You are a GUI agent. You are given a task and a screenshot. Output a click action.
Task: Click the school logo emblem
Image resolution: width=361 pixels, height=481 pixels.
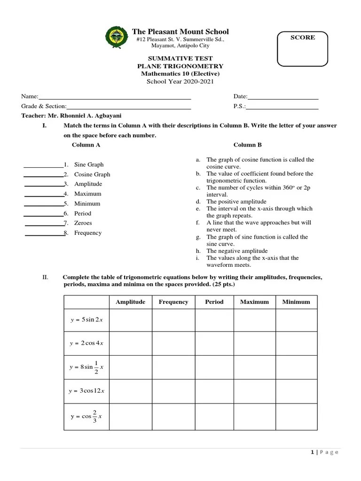pos(116,38)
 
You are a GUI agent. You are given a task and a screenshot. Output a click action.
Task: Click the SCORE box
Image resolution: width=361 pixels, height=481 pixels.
pos(303,48)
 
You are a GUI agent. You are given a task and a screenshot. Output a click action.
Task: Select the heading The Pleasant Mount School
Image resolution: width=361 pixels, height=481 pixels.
pos(180,31)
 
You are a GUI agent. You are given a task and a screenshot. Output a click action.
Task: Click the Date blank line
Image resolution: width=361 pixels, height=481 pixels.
pos(283,97)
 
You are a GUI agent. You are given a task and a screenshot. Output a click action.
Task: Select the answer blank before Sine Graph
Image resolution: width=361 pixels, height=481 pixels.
pos(43,165)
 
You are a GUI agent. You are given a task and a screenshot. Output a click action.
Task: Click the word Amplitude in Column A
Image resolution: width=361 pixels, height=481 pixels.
pos(88,184)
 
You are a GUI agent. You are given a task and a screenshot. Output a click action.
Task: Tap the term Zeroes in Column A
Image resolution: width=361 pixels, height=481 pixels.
pos(83,223)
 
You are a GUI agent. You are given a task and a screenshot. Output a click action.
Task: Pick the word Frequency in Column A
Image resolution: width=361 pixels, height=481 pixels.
pos(88,233)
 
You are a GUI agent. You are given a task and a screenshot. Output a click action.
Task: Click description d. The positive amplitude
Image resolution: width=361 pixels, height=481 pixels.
pos(237,202)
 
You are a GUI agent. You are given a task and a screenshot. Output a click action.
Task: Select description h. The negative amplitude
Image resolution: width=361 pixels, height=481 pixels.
pos(237,251)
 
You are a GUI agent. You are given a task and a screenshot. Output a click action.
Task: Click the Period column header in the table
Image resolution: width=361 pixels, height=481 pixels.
pos(214,302)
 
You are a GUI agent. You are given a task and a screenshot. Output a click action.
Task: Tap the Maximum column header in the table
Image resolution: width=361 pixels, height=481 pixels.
pos(254,302)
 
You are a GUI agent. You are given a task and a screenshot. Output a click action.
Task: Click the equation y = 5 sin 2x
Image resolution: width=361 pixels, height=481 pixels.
pos(86,320)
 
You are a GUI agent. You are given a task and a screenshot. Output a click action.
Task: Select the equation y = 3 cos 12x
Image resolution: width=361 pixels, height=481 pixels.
pos(86,391)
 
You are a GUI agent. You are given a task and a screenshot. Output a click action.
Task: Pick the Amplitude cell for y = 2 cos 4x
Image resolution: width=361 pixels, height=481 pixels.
pos(130,343)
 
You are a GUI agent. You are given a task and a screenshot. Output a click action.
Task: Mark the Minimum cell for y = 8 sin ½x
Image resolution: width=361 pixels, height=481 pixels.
pos(296,367)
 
